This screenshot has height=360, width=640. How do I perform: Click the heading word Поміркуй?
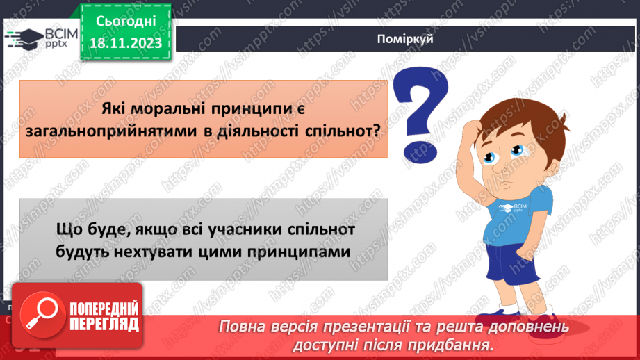407,39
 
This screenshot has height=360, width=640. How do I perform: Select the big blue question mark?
419,111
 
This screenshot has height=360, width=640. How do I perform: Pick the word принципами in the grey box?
307,249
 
